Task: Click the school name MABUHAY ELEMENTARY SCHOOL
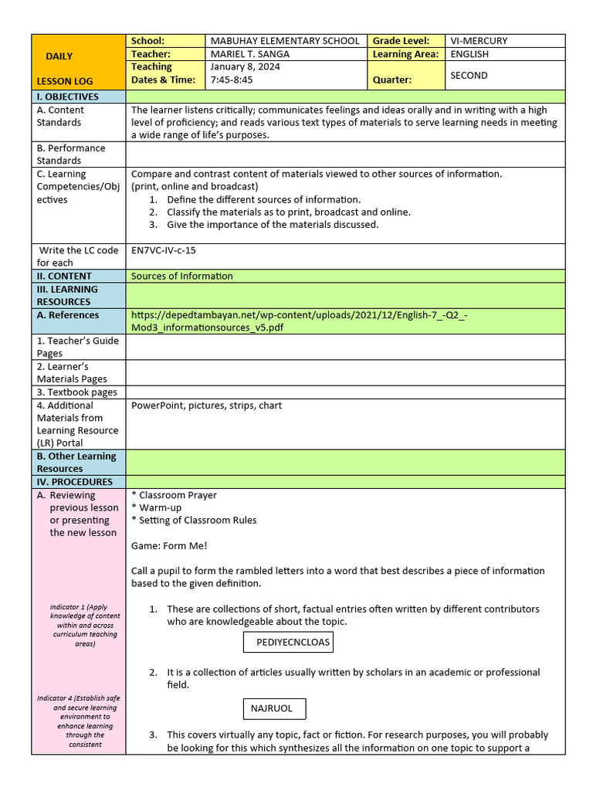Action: pyautogui.click(x=284, y=41)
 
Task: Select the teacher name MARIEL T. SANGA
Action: pyautogui.click(x=254, y=54)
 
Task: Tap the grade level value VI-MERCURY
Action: pyautogui.click(x=479, y=41)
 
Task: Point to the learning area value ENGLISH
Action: pyautogui.click(x=469, y=54)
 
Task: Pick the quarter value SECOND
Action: pyautogui.click(x=469, y=75)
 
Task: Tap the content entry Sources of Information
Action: pyautogui.click(x=181, y=276)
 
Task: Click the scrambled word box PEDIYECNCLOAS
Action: pyautogui.click(x=293, y=642)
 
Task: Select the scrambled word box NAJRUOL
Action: pyautogui.click(x=272, y=708)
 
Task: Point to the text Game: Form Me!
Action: pyautogui.click(x=169, y=545)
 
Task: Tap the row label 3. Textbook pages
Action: pyautogui.click(x=77, y=392)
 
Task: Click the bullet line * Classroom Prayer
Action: pyautogui.click(x=174, y=495)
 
